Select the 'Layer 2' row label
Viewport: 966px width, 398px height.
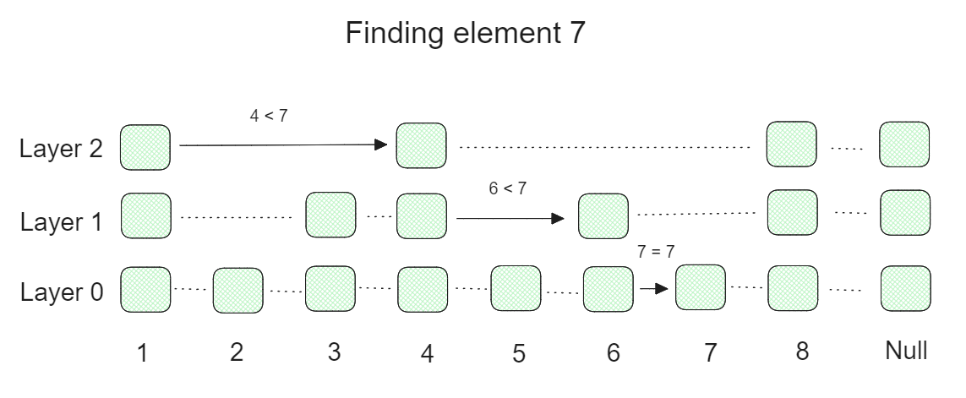pyautogui.click(x=61, y=149)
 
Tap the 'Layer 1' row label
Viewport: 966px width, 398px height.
pyautogui.click(x=61, y=221)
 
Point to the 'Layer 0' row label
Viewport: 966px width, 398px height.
pyautogui.click(x=61, y=292)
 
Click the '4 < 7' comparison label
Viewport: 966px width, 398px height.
pyautogui.click(x=269, y=117)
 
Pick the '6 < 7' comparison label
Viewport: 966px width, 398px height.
pyautogui.click(x=507, y=189)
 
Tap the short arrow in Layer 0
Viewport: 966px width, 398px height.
pyautogui.click(x=653, y=288)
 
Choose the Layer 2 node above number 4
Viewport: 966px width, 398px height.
pyautogui.click(x=422, y=145)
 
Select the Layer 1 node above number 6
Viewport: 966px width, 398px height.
pyautogui.click(x=603, y=216)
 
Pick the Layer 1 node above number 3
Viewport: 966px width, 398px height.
pyautogui.click(x=330, y=215)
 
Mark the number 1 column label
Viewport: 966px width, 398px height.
pyautogui.click(x=145, y=352)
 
